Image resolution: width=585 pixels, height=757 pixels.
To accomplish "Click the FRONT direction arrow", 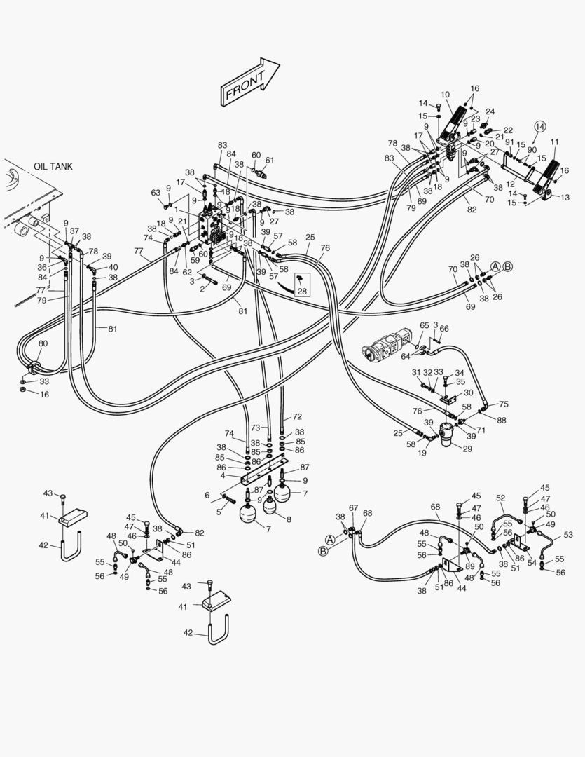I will (x=251, y=83).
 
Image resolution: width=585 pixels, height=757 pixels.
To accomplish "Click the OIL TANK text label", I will (x=53, y=167).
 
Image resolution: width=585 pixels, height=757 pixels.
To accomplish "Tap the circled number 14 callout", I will (x=539, y=126).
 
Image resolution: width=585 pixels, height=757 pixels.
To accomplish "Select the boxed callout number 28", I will (x=302, y=291).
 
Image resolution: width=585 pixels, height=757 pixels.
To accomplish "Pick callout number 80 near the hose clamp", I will (x=43, y=343).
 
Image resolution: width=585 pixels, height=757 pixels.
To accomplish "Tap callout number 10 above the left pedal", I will (x=446, y=95).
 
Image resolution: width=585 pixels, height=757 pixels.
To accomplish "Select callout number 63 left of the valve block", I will (x=156, y=193).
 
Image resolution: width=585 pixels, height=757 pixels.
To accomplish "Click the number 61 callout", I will (x=270, y=160).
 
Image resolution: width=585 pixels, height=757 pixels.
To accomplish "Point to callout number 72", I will (x=297, y=416).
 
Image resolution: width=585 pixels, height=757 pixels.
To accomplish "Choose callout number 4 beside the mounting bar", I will (x=222, y=475).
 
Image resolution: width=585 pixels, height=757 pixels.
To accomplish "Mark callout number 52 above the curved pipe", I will (x=500, y=498).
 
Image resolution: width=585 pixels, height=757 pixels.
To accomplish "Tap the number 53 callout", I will (x=568, y=535).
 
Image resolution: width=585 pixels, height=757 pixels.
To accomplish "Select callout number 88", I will (x=502, y=420).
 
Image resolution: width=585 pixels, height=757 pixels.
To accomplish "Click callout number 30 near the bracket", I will (x=469, y=393).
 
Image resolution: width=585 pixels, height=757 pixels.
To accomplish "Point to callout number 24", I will (x=490, y=111).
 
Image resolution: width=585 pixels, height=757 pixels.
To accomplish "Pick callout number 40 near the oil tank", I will (x=113, y=267).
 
